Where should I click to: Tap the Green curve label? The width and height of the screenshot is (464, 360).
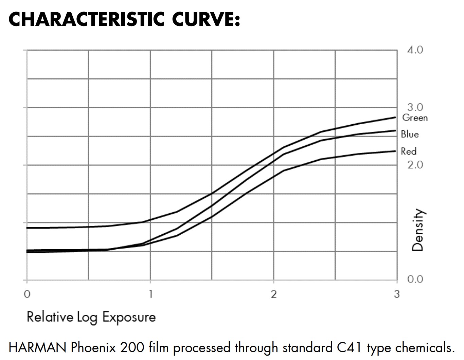coord(415,118)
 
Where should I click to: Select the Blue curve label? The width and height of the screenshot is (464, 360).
coord(410,134)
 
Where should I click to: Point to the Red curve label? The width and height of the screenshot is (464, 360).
coord(408,151)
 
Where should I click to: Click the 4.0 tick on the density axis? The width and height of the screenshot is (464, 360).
coord(415,50)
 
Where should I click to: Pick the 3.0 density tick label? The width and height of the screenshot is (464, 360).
coord(415,107)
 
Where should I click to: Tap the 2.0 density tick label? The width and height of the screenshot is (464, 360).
coord(415,165)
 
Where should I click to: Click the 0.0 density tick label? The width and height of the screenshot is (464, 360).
coord(415,280)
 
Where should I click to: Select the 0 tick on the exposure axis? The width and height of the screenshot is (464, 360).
coord(27,294)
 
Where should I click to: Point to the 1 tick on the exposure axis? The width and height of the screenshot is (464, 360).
coord(150,294)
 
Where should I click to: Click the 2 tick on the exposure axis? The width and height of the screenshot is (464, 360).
coord(273,294)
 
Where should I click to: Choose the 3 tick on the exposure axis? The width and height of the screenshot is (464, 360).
coord(396,294)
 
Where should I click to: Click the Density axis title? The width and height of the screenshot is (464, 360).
coord(418,230)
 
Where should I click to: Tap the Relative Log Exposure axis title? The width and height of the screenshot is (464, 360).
coord(91,317)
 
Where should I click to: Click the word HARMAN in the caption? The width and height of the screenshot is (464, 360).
coord(37,348)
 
